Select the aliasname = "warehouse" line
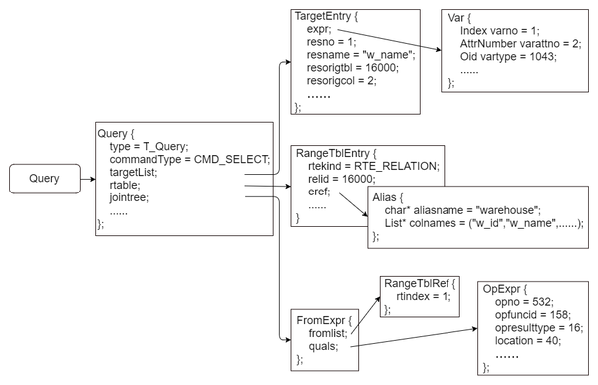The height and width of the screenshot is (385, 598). (461, 211)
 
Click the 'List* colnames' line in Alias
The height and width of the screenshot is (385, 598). (482, 224)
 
